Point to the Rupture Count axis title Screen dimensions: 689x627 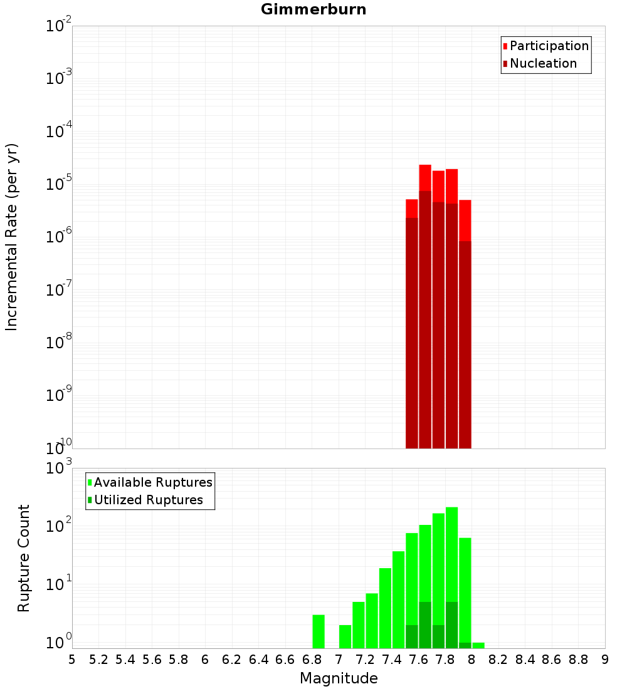[24, 558]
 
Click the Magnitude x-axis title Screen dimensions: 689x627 [339, 678]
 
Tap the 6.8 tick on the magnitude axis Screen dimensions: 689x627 [312, 660]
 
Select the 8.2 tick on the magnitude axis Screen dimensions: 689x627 [498, 660]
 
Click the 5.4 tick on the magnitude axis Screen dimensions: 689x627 [125, 660]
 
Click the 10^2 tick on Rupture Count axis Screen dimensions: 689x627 [58, 526]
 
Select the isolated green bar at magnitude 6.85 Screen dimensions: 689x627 [319, 631]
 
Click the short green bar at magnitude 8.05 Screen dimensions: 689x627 [478, 645]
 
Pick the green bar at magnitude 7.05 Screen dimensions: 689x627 [345, 636]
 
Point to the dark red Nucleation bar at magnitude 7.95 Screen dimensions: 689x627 [465, 344]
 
